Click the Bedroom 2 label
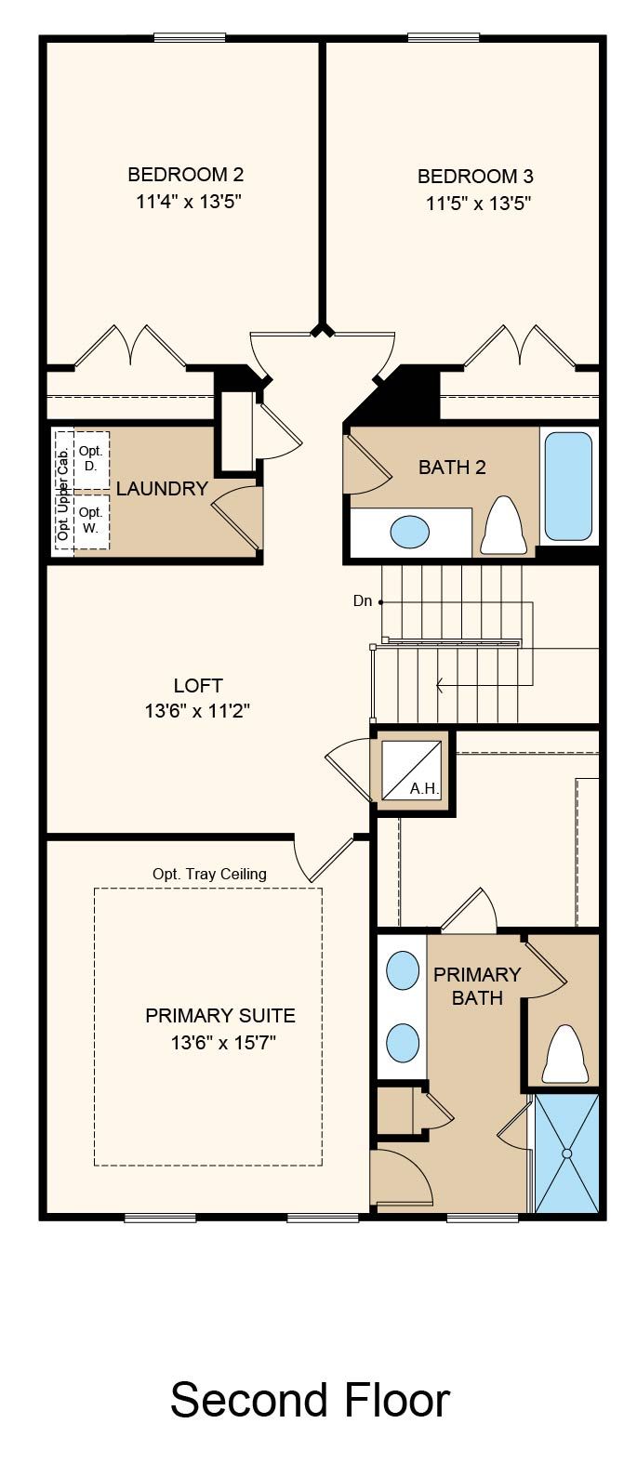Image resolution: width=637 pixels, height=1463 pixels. tap(186, 175)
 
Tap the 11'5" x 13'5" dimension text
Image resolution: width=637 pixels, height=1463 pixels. tap(478, 204)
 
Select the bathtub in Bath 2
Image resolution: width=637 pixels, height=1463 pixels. tap(568, 486)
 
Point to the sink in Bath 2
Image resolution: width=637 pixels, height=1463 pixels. tap(410, 532)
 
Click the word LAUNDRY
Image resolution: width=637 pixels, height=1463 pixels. tap(162, 489)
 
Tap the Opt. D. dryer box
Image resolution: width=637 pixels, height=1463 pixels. tap(91, 459)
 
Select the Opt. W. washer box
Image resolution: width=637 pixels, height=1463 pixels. tap(91, 521)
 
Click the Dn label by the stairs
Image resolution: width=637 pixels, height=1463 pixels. tap(363, 600)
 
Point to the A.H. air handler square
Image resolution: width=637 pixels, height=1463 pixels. tap(411, 770)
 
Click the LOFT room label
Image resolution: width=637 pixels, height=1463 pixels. tap(198, 686)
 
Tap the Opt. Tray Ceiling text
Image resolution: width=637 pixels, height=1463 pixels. tap(209, 874)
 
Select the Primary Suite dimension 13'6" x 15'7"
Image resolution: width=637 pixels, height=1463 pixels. tap(223, 1042)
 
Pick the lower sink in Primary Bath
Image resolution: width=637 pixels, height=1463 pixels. tap(403, 1042)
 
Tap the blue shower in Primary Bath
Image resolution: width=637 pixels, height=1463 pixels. tap(566, 1154)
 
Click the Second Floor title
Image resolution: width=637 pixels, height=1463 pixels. tap(311, 1400)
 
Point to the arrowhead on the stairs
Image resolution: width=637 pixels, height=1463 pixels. tap(440, 685)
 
